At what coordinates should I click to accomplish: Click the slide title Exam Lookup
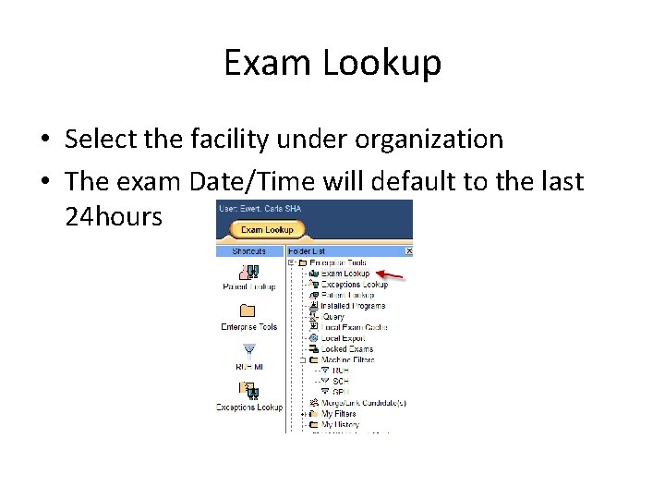pos(332,63)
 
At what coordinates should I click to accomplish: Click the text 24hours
pos(114,217)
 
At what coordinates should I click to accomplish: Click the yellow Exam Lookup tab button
pos(267,229)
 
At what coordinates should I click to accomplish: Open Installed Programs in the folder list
pos(353,306)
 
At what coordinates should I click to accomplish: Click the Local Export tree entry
pos(343,338)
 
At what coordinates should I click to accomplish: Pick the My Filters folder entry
pos(338,415)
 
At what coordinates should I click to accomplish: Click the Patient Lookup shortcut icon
pos(248,273)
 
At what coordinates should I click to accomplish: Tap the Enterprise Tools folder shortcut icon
pos(248,311)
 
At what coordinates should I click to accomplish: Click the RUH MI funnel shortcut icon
pos(248,350)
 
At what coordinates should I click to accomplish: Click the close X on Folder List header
pos(409,250)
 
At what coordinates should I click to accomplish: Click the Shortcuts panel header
pos(248,250)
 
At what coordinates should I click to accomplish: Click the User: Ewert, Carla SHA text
pos(260,209)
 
